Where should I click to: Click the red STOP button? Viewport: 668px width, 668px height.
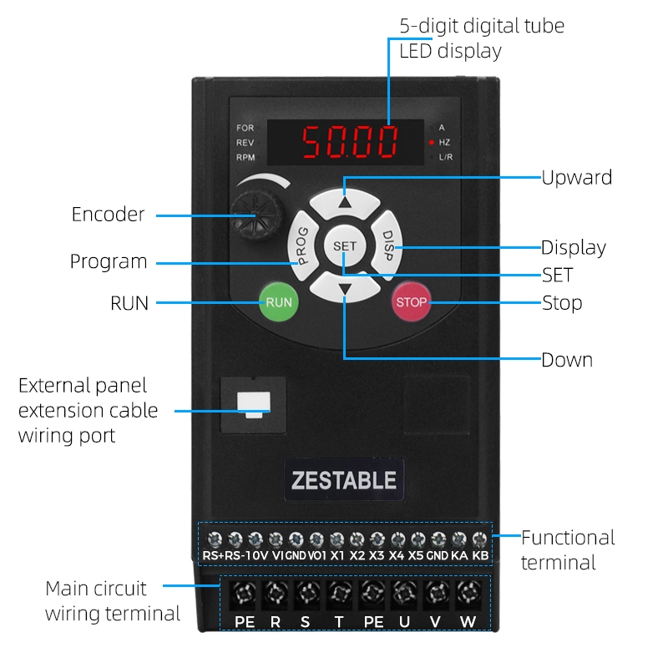pos(411,302)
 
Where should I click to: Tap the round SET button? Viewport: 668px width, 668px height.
pos(344,246)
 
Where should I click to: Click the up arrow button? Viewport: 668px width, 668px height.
pos(346,201)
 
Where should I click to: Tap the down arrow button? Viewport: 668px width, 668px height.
pos(345,290)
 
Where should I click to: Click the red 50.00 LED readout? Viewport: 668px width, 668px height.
pos(350,142)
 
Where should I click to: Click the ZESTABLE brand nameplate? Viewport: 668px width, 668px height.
pos(343,480)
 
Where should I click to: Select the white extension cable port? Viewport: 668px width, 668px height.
pos(253,403)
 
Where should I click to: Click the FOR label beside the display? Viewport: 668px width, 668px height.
pos(245,128)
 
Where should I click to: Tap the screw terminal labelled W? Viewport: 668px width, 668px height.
pos(468,595)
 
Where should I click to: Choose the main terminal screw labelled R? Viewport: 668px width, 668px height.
pos(275,595)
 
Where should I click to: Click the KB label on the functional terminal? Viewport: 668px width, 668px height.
pos(479,554)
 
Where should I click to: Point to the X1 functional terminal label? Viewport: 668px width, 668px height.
pos(337,554)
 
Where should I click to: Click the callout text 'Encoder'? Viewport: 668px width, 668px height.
pos(108,215)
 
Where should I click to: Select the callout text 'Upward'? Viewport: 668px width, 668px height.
pos(577,177)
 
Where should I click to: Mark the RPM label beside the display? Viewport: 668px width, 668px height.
pos(245,157)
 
